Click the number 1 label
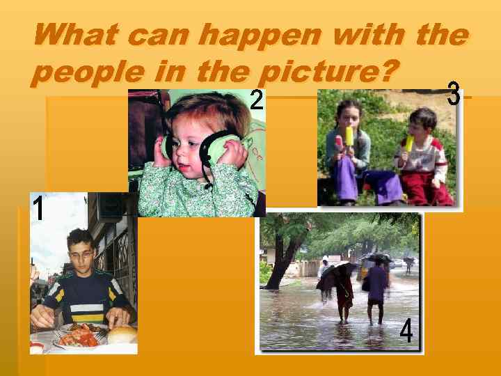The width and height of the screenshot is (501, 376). point(39,208)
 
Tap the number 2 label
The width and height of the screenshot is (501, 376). point(257,102)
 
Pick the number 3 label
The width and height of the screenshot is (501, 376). point(454,95)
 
